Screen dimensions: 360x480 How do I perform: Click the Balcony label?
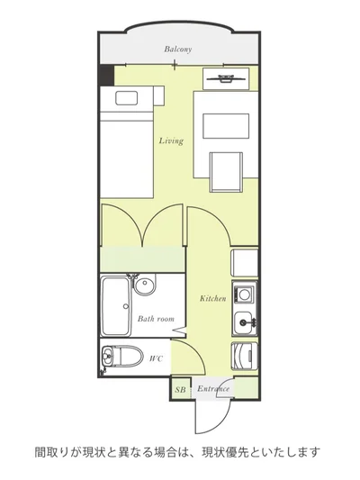click(177, 49)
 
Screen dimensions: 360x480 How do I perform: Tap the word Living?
click(171, 140)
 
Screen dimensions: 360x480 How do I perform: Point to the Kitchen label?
click(213, 298)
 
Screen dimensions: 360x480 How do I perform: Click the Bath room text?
click(156, 319)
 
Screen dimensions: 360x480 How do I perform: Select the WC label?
click(156, 358)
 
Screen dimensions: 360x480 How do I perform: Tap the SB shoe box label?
click(181, 390)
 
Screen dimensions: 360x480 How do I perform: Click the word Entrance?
click(213, 389)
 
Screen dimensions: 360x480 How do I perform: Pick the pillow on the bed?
click(126, 98)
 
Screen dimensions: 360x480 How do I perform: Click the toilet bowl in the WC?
click(122, 357)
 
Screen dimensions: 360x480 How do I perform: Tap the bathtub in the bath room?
click(115, 306)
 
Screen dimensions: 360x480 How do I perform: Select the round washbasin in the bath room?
click(145, 285)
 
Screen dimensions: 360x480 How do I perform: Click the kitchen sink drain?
click(243, 322)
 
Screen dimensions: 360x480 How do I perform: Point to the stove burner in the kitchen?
click(244, 294)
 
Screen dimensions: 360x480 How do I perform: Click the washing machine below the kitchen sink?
click(245, 356)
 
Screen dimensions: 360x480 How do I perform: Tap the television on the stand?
click(226, 78)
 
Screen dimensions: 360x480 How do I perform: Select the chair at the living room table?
click(226, 172)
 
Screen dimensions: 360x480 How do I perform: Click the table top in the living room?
click(226, 126)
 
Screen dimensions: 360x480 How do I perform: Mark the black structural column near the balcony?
click(107, 76)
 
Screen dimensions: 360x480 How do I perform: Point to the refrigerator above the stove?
click(245, 263)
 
